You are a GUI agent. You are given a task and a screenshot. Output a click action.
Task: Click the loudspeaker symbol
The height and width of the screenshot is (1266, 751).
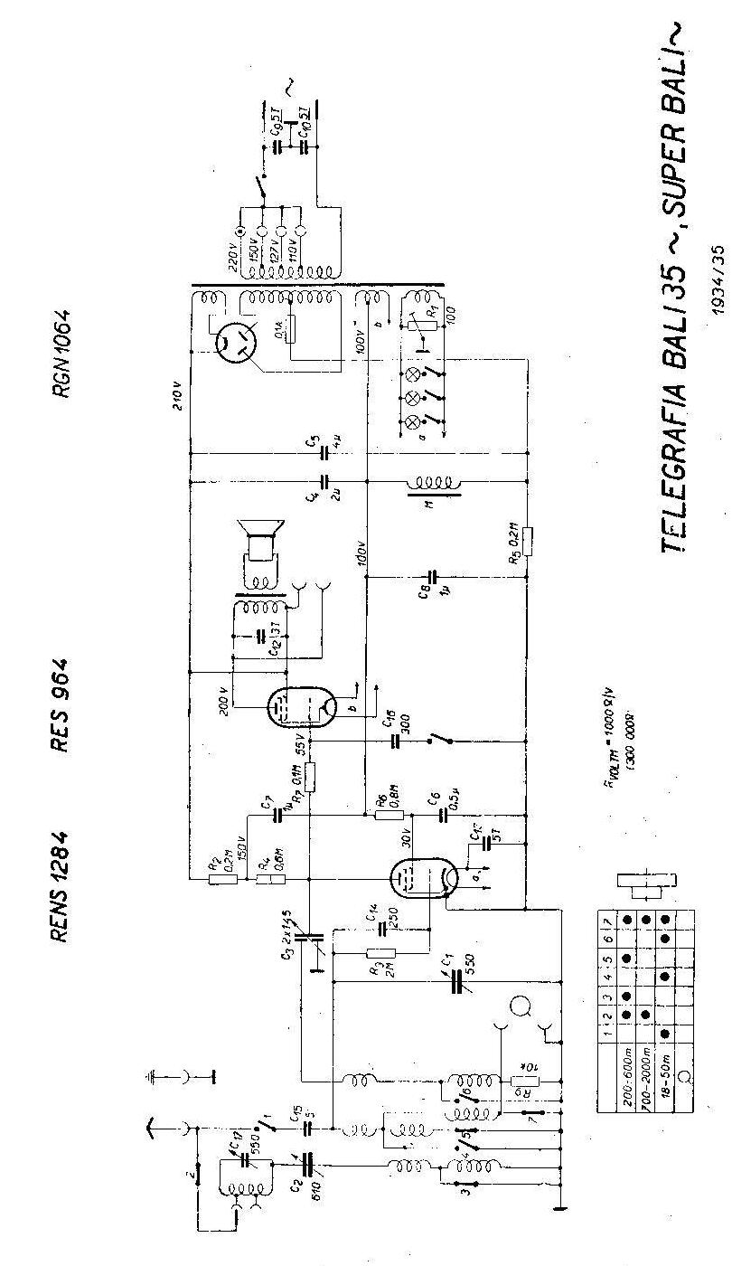(260, 547)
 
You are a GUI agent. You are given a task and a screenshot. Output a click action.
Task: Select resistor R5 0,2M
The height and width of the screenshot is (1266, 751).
(526, 542)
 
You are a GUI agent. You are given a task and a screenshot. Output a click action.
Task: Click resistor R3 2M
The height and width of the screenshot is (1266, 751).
(381, 952)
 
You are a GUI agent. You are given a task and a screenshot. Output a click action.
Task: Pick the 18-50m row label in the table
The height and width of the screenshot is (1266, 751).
(666, 1066)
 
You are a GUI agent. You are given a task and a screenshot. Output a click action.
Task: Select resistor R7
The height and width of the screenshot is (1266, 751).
(310, 777)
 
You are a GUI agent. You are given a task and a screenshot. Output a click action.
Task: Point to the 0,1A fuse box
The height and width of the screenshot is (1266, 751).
(290, 331)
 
